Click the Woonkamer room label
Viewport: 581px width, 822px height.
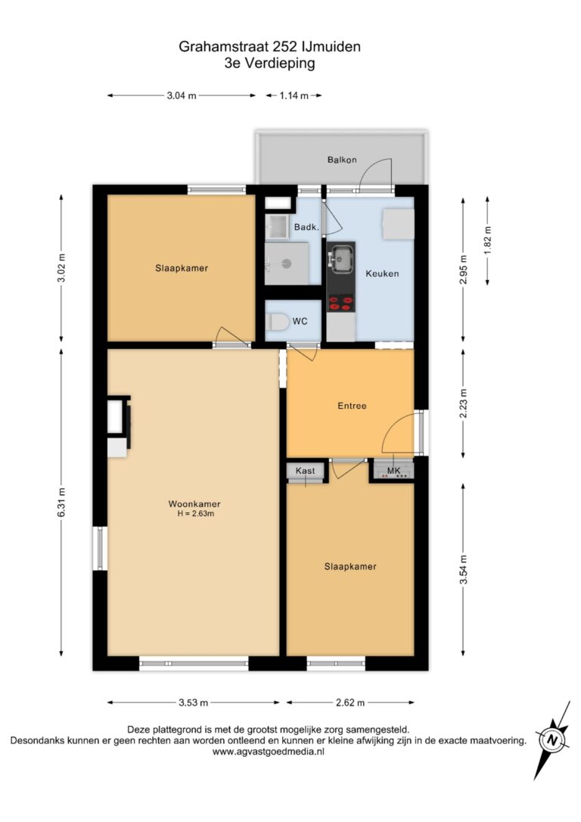pos(194,504)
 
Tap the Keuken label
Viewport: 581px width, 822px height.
pos(382,273)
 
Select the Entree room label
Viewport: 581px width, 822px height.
pos(352,405)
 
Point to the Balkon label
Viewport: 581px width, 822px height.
pos(342,160)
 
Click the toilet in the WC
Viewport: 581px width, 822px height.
pos(277,322)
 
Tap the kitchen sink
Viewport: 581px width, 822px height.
pos(342,257)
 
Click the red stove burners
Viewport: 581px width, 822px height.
pos(340,303)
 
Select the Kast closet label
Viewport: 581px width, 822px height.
pos(306,471)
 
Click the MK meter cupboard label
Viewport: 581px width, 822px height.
pos(393,471)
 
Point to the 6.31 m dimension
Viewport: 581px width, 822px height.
pos(61,503)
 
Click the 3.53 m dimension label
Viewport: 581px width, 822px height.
pos(194,702)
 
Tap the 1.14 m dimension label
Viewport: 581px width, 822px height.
pos(294,95)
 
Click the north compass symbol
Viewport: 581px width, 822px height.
pos(551,740)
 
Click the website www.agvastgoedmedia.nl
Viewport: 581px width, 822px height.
pos(269,751)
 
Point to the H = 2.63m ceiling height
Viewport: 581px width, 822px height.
pos(195,514)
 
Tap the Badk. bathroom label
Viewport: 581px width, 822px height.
pos(306,227)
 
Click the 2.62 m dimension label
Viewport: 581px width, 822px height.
pos(350,702)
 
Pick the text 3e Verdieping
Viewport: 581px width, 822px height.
pos(270,64)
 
